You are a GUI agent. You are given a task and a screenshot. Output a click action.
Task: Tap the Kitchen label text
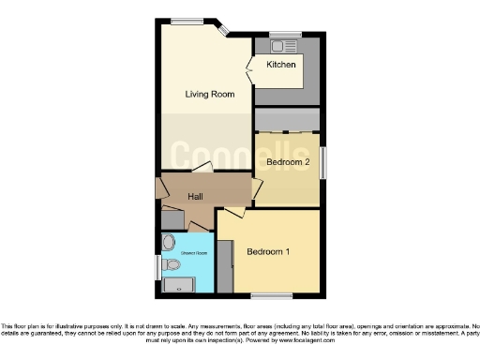tap(280, 65)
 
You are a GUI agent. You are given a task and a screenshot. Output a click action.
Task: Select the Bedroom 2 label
tap(287, 162)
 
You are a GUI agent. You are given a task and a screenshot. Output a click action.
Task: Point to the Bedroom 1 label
tap(268, 251)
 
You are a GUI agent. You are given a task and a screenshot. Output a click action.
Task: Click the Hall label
tap(196, 197)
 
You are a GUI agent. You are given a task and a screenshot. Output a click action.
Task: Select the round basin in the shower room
tap(168, 240)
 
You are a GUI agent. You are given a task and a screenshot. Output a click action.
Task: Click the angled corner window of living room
tap(224, 29)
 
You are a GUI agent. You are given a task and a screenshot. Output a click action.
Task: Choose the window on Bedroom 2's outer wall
tap(322, 161)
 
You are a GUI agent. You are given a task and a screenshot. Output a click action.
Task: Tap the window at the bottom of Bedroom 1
tap(264, 297)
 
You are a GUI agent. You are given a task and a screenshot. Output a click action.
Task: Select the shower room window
tap(157, 267)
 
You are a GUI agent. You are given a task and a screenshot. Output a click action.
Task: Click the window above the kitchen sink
tap(285, 35)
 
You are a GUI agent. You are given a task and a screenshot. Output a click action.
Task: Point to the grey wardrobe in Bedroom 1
tap(224, 267)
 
